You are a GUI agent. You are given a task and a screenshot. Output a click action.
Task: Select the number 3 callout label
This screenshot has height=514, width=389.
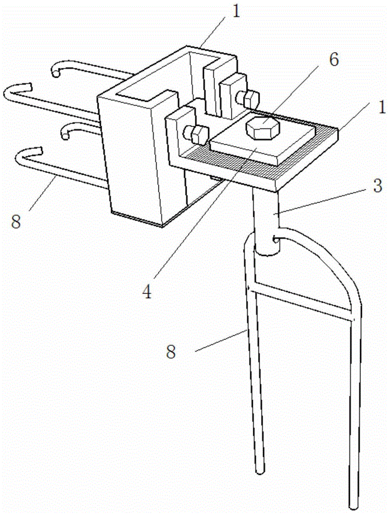(x=378, y=186)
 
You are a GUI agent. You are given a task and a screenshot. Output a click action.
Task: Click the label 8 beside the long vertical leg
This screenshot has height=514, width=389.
(x=171, y=352)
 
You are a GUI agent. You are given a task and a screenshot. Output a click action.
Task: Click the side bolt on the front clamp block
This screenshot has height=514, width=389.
(x=197, y=135)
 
